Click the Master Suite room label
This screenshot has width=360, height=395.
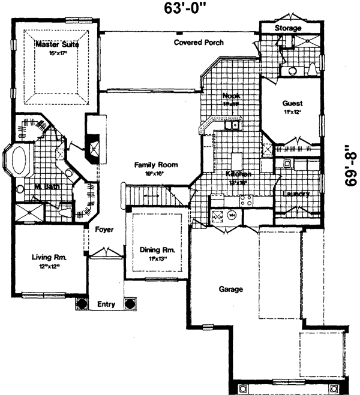tap(57, 44)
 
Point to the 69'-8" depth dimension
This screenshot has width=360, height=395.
tap(351, 168)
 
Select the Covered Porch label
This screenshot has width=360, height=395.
tap(199, 43)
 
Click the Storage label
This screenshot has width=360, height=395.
tap(288, 28)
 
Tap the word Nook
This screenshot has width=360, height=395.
tap(231, 96)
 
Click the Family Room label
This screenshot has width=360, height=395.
tap(156, 165)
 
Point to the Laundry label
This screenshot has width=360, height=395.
tap(296, 194)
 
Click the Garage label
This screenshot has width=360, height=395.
tap(231, 289)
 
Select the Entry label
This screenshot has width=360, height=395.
tap(106, 304)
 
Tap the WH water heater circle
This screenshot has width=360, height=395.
tap(232, 215)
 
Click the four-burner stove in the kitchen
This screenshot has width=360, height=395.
tap(246, 200)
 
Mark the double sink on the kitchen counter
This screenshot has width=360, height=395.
tap(231, 125)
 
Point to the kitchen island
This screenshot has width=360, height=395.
tap(237, 161)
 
